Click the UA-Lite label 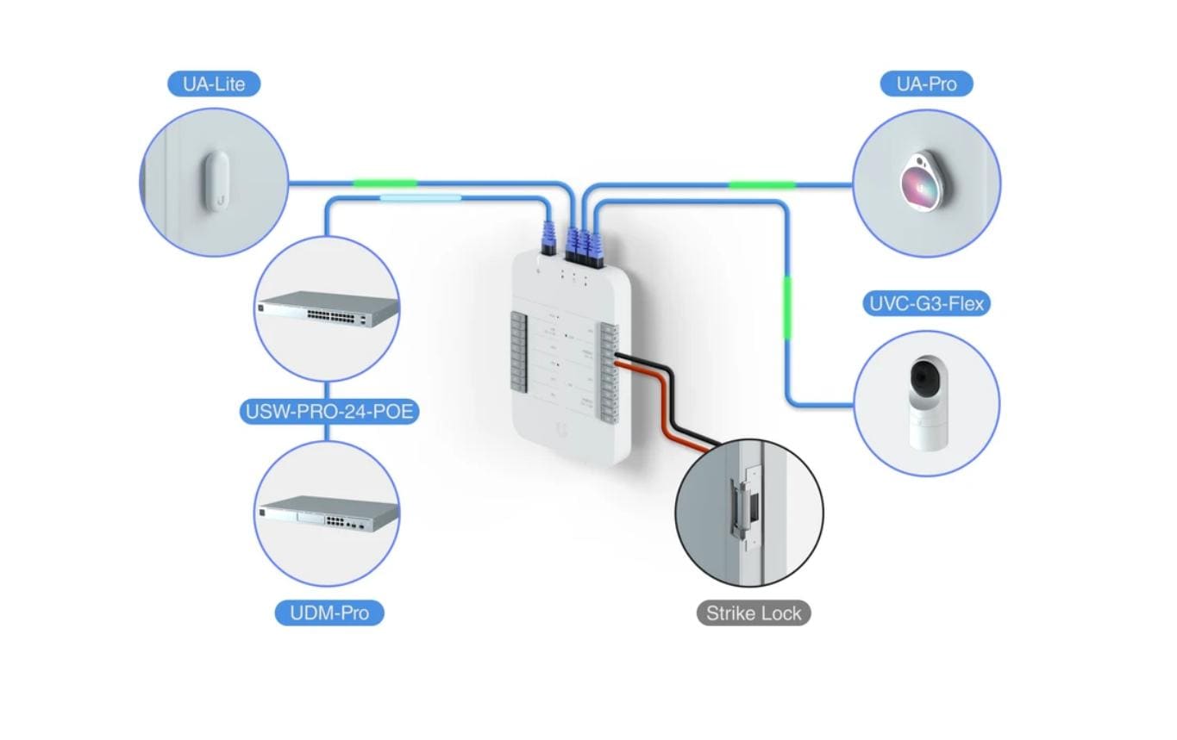[214, 84]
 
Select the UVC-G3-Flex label [926, 304]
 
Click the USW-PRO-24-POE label [329, 412]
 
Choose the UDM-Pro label [329, 613]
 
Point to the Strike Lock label [754, 613]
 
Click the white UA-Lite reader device [217, 181]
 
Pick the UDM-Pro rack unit [329, 513]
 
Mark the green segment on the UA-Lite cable [385, 183]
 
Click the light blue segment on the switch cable [420, 198]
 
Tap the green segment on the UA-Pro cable [761, 184]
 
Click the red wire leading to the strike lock [664, 405]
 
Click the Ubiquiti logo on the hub [563, 429]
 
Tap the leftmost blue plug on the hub [545, 236]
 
